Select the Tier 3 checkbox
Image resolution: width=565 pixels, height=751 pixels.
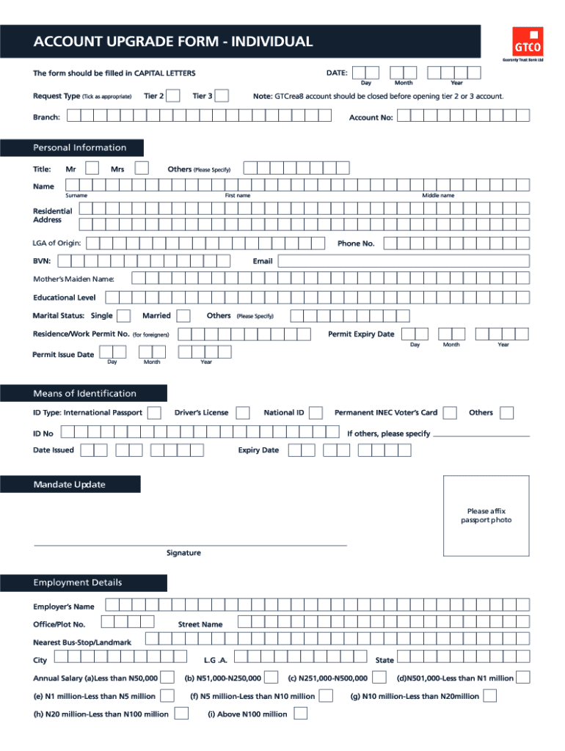(x=221, y=96)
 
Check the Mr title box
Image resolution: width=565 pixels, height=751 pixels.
(x=93, y=169)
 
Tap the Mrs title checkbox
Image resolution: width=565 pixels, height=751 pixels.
(x=142, y=169)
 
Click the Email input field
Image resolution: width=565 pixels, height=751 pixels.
(x=403, y=261)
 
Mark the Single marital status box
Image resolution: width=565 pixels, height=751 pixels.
(x=125, y=315)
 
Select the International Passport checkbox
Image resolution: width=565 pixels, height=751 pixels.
(x=155, y=413)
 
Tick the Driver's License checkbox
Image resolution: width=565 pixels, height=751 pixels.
(x=242, y=413)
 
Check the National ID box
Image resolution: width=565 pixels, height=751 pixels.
(x=316, y=413)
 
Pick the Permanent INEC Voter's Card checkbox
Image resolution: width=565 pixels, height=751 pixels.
(x=451, y=413)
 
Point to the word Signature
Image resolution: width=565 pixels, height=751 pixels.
(x=183, y=553)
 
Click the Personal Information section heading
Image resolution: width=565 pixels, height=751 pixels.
(x=79, y=147)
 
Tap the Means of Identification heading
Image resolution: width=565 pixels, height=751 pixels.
(x=84, y=393)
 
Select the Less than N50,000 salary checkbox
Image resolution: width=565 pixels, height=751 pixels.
(x=167, y=677)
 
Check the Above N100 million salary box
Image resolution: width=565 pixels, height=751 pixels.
(x=300, y=714)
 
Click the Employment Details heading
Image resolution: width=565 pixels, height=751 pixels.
(x=77, y=583)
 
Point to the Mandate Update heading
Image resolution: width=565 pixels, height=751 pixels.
(x=69, y=484)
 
